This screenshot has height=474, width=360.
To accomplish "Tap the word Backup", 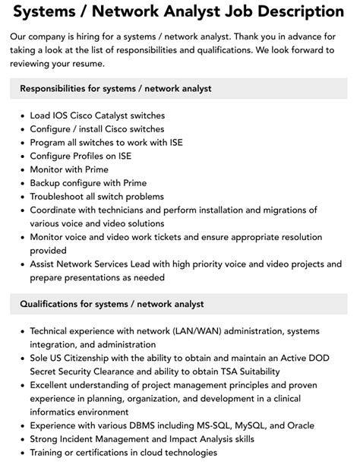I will pyautogui.click(x=47, y=183).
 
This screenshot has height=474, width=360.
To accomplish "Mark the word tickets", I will pyautogui.click(x=194, y=237).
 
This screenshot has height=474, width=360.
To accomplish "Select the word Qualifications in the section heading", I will pyautogui.click(x=52, y=305).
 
